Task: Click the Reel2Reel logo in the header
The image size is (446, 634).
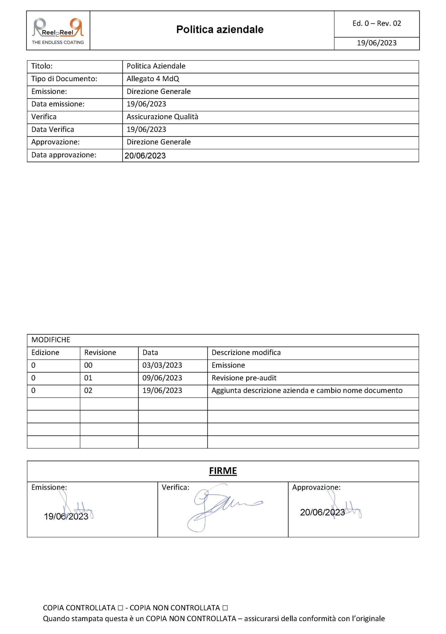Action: coord(58,30)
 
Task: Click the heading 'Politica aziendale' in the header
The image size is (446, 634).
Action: coord(220,29)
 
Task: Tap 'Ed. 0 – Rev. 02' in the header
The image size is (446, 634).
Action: coord(377,24)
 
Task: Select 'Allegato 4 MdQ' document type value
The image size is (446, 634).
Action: coord(153,79)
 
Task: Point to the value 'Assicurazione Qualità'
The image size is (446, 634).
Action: coord(162,117)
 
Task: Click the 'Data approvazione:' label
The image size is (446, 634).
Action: coord(64,155)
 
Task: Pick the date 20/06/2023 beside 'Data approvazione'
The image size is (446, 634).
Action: coord(145,156)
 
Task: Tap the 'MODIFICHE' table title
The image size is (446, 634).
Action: coord(51,340)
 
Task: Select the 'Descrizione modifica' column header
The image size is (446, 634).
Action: coord(246,353)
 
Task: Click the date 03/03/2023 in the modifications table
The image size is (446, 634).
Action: coord(162,365)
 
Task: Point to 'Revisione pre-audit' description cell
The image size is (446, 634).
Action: coord(244,378)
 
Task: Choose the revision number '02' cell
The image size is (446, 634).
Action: coord(88,391)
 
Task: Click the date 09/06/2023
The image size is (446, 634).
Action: coord(162,378)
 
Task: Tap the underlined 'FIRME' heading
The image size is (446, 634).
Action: coord(223,471)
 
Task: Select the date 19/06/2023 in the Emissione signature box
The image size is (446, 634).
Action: coord(66,516)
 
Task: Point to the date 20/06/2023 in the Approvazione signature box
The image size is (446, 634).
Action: coord(322,512)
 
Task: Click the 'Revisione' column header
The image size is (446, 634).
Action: coord(100,353)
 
